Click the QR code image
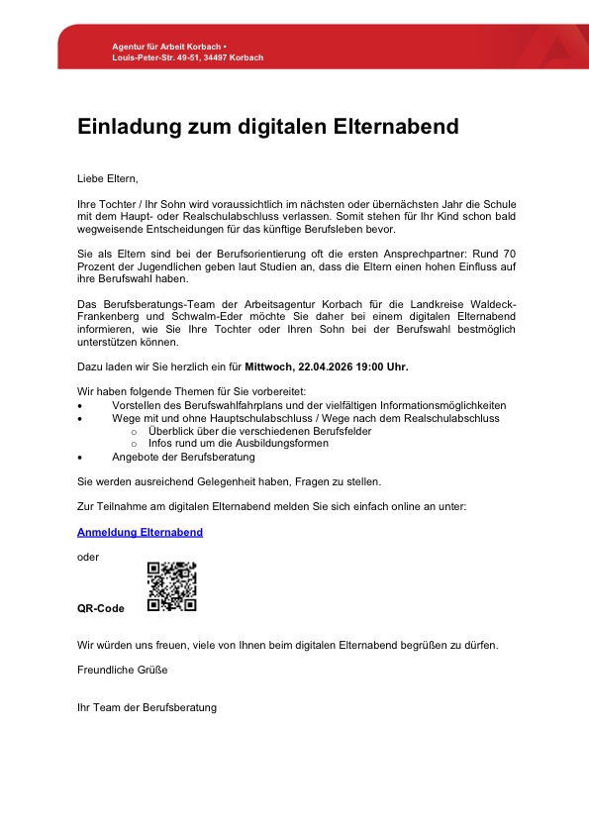coord(171,586)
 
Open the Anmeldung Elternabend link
coord(140,532)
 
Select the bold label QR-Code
coord(101,608)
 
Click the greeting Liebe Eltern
coord(108,178)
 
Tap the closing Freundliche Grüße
coord(123,670)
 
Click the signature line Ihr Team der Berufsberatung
coord(147,707)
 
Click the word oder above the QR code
coord(88,557)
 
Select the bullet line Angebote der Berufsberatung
coord(183,457)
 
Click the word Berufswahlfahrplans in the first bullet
coord(214,405)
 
